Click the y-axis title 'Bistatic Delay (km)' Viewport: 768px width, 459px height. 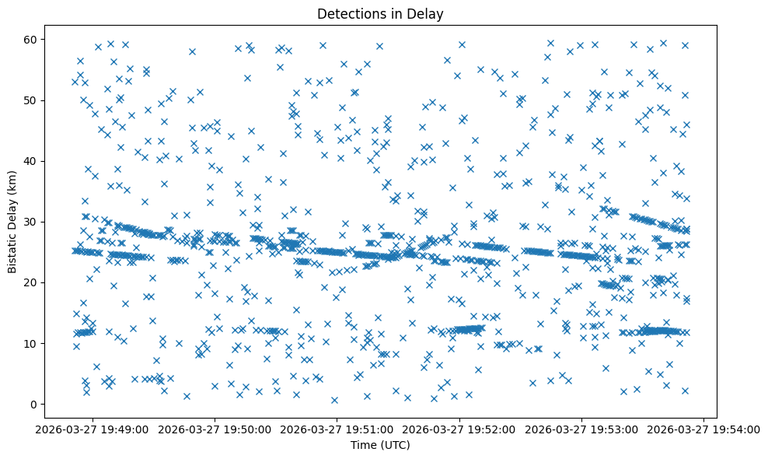12,221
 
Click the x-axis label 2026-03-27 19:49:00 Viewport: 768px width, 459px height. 93,429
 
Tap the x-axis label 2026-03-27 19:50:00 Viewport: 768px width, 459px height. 215,429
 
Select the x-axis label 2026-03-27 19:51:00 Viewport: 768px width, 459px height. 337,429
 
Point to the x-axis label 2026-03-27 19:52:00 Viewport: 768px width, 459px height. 459,429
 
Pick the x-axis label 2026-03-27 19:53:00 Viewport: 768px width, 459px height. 581,429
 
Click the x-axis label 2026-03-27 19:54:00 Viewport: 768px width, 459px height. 703,429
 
